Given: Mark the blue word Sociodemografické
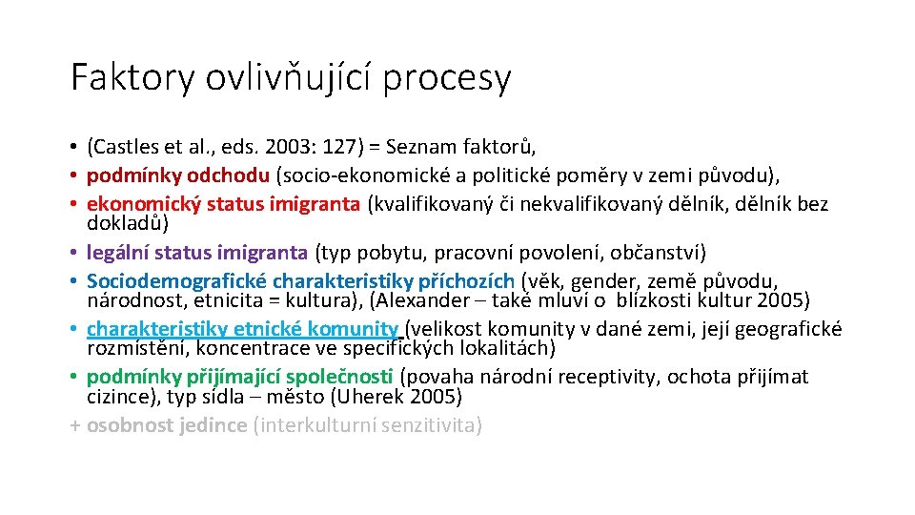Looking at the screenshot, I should tap(176, 281).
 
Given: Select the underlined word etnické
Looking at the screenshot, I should tap(263, 329).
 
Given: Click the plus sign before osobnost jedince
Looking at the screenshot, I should tap(76, 425).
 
